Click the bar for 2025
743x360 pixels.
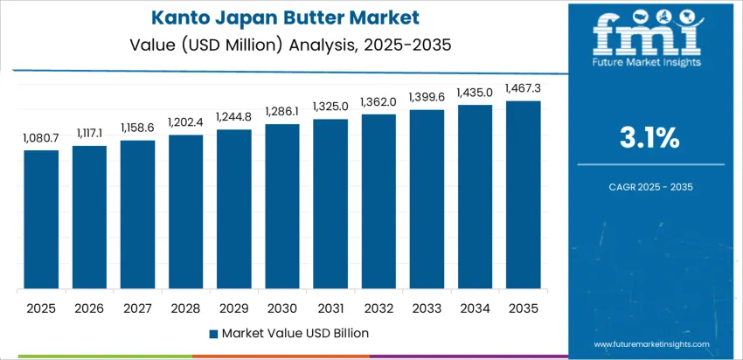pos(41,220)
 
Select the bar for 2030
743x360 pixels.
pos(282,207)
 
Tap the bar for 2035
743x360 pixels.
pos(524,195)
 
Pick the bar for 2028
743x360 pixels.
pos(186,212)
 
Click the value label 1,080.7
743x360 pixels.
pos(41,138)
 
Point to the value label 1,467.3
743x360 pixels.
pos(524,88)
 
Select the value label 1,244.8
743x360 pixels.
pos(234,117)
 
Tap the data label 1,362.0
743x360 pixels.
pos(378,101)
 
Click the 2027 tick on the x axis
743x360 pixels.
pos(137,308)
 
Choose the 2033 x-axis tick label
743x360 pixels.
pos(427,308)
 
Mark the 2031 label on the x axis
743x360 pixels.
pos(330,308)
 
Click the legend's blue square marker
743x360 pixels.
pos(214,333)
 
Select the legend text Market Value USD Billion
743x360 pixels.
pos(295,333)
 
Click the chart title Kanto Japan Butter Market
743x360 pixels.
pos(283,17)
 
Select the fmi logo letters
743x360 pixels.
pos(647,35)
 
